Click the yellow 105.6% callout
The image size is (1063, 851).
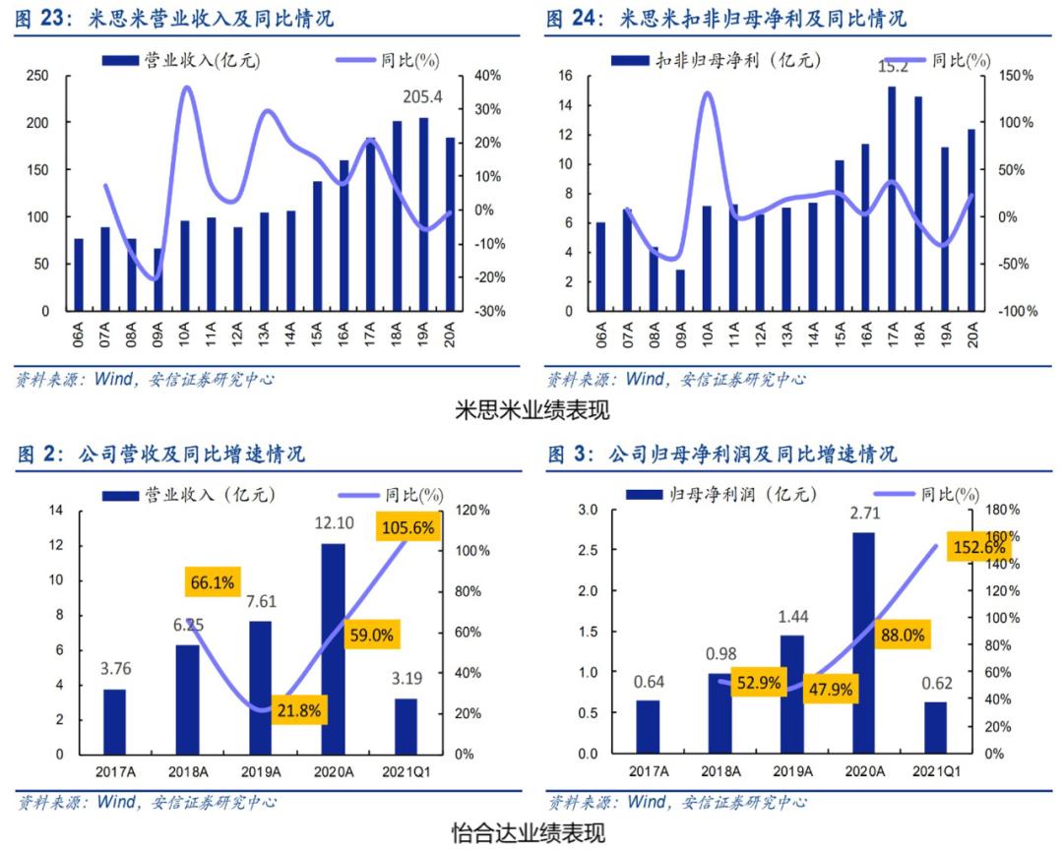point(406,528)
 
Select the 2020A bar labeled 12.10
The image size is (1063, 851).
point(333,648)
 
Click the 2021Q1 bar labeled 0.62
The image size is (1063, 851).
point(935,727)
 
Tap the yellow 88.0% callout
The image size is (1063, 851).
point(901,636)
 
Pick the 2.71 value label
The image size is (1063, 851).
point(863,513)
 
